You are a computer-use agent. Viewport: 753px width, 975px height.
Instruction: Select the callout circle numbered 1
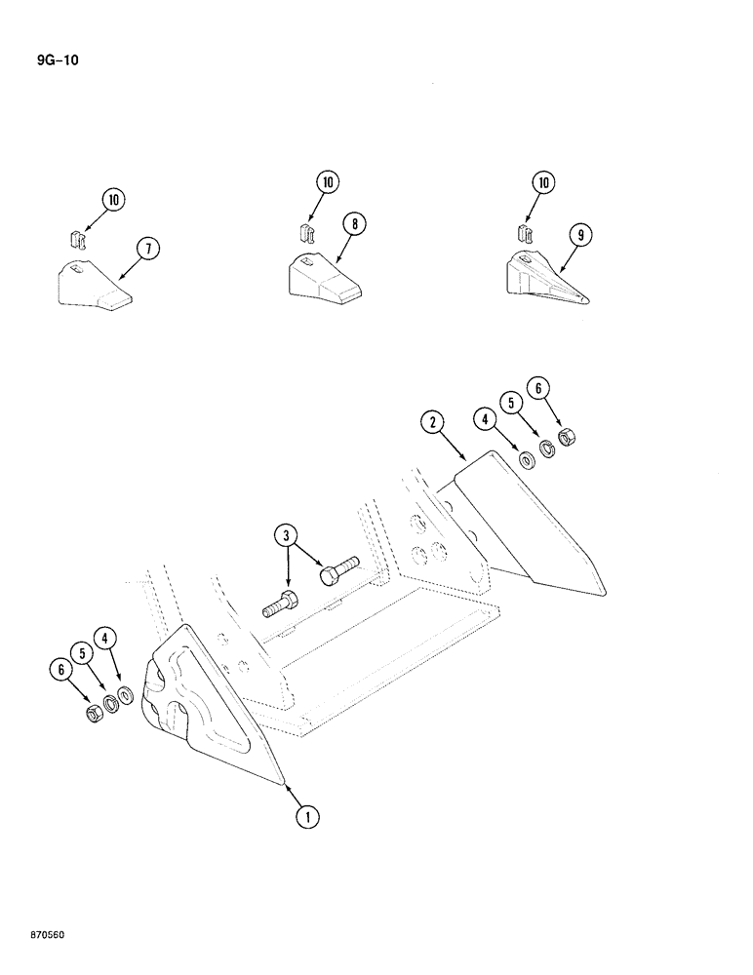[x=307, y=816]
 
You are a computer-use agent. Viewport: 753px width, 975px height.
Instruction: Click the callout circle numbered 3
[x=286, y=535]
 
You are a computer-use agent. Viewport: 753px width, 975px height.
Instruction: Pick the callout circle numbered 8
[x=355, y=225]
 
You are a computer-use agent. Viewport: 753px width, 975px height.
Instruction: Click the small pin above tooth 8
[x=303, y=234]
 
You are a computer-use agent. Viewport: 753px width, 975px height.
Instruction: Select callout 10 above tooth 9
[x=543, y=182]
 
